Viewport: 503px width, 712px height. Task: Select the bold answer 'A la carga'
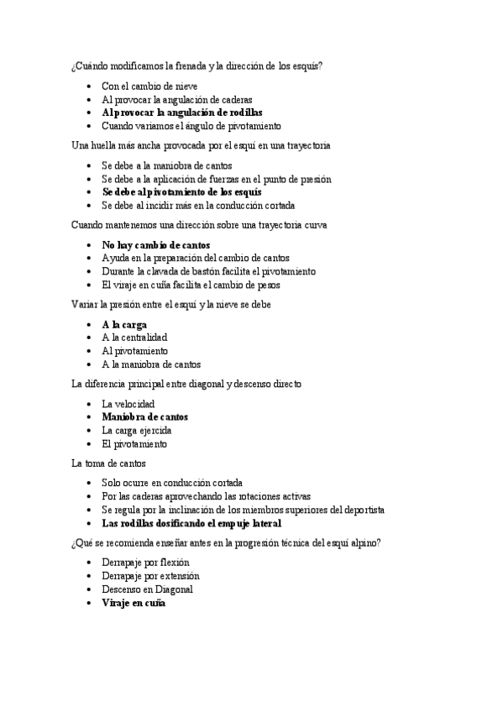[x=124, y=324]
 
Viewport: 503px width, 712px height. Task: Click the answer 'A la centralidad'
[x=134, y=338]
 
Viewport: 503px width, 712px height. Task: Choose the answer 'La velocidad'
[x=128, y=404]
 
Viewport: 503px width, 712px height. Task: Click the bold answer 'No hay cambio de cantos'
[x=156, y=245]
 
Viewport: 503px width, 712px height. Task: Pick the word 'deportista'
[x=362, y=510]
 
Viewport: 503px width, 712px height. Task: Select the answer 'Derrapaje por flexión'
[x=145, y=563]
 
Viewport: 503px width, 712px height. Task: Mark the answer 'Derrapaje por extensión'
[x=150, y=576]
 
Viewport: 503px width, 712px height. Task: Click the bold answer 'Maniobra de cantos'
[x=144, y=416]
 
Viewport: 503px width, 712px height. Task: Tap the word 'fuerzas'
[x=238, y=179]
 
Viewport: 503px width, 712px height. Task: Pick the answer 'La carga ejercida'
[x=137, y=430]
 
